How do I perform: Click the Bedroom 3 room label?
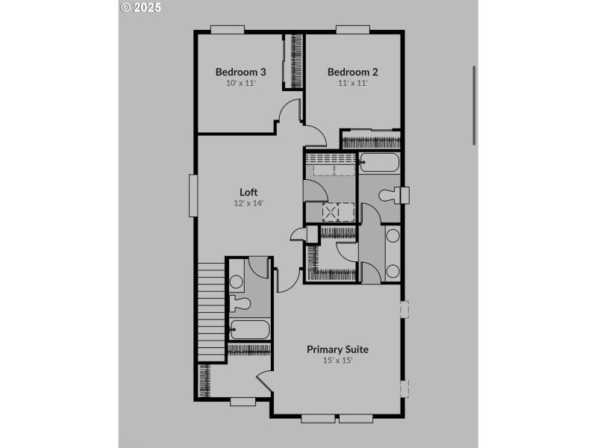[x=241, y=72]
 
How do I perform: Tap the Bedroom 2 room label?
[x=353, y=72]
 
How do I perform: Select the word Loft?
[x=249, y=192]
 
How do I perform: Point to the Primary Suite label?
[x=337, y=349]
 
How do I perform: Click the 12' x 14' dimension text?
[x=249, y=202]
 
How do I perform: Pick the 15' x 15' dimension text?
[x=337, y=360]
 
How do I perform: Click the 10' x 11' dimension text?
[x=241, y=83]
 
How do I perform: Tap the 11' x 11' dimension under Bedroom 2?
[x=353, y=83]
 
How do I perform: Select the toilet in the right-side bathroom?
[x=394, y=196]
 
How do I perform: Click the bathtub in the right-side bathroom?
[x=379, y=163]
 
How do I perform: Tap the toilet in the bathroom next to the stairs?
[x=240, y=305]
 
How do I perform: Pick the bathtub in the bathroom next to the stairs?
[x=249, y=329]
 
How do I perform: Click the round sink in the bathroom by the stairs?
[x=237, y=282]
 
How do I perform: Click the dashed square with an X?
[x=331, y=211]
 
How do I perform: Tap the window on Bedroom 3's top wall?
[x=227, y=30]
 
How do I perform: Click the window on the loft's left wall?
[x=193, y=196]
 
